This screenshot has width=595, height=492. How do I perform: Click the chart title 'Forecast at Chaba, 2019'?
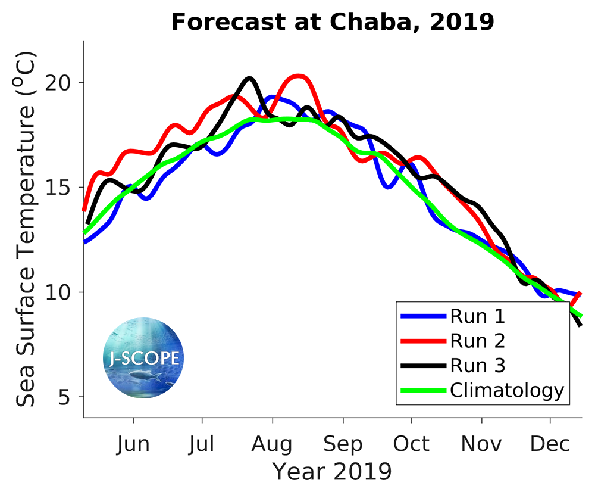coord(333,23)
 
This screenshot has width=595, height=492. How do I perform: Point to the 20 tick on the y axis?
coord(65,83)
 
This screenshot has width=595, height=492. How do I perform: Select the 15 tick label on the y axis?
coord(65,188)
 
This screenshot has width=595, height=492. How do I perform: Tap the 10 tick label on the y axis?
coord(65,292)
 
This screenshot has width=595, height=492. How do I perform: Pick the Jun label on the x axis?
coord(133,444)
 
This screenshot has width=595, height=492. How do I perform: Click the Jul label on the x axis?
coord(202,444)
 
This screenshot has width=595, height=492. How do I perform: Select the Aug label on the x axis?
coord(273,444)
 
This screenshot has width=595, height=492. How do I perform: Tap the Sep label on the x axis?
coord(343,444)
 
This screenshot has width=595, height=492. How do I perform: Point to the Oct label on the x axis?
coord(411,444)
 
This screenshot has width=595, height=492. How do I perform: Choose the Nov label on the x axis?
coord(481,444)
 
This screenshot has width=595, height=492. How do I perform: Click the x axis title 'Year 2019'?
coord(332,471)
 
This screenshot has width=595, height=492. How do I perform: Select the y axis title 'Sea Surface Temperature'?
coord(27,229)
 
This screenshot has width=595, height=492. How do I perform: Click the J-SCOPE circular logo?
coord(143,358)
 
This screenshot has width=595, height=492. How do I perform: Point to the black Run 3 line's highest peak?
coord(249,78)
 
